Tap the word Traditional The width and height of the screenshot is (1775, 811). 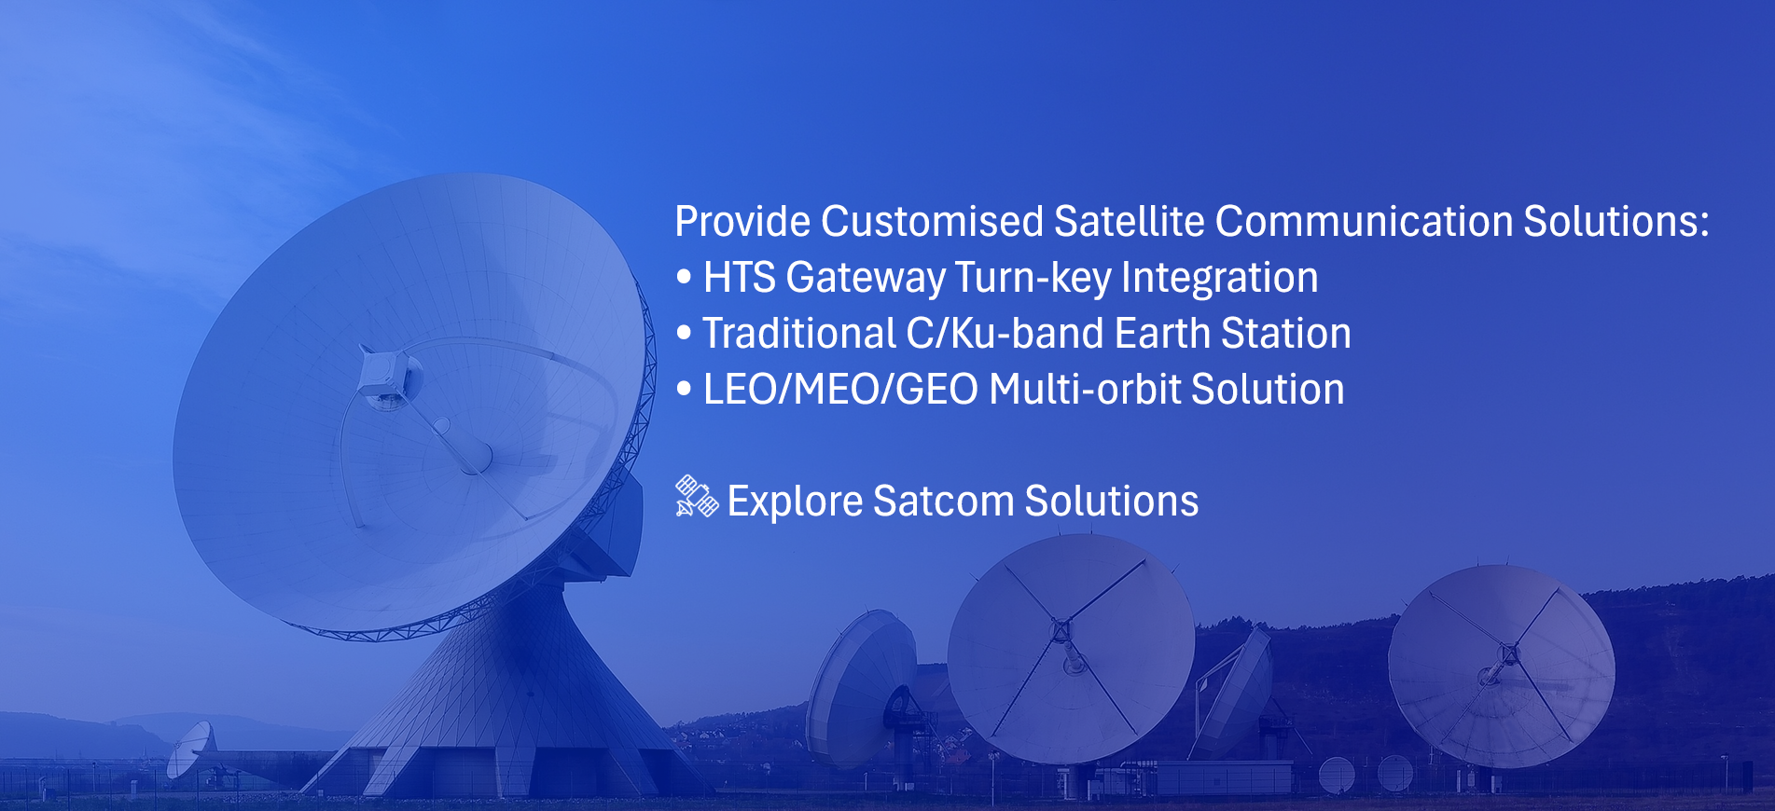tap(799, 334)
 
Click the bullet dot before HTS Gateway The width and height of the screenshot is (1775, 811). tap(685, 278)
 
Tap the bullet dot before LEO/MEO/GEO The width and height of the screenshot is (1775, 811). tap(685, 390)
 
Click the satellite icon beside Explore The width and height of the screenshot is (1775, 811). tap(697, 497)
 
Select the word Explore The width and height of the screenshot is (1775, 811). tap(796, 502)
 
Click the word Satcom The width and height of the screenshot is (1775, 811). tap(943, 502)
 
